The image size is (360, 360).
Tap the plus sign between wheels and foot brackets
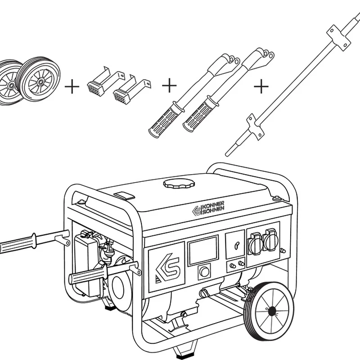click(72, 86)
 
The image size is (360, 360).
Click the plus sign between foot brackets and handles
click(169, 85)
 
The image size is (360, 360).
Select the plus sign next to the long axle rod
click(261, 86)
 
